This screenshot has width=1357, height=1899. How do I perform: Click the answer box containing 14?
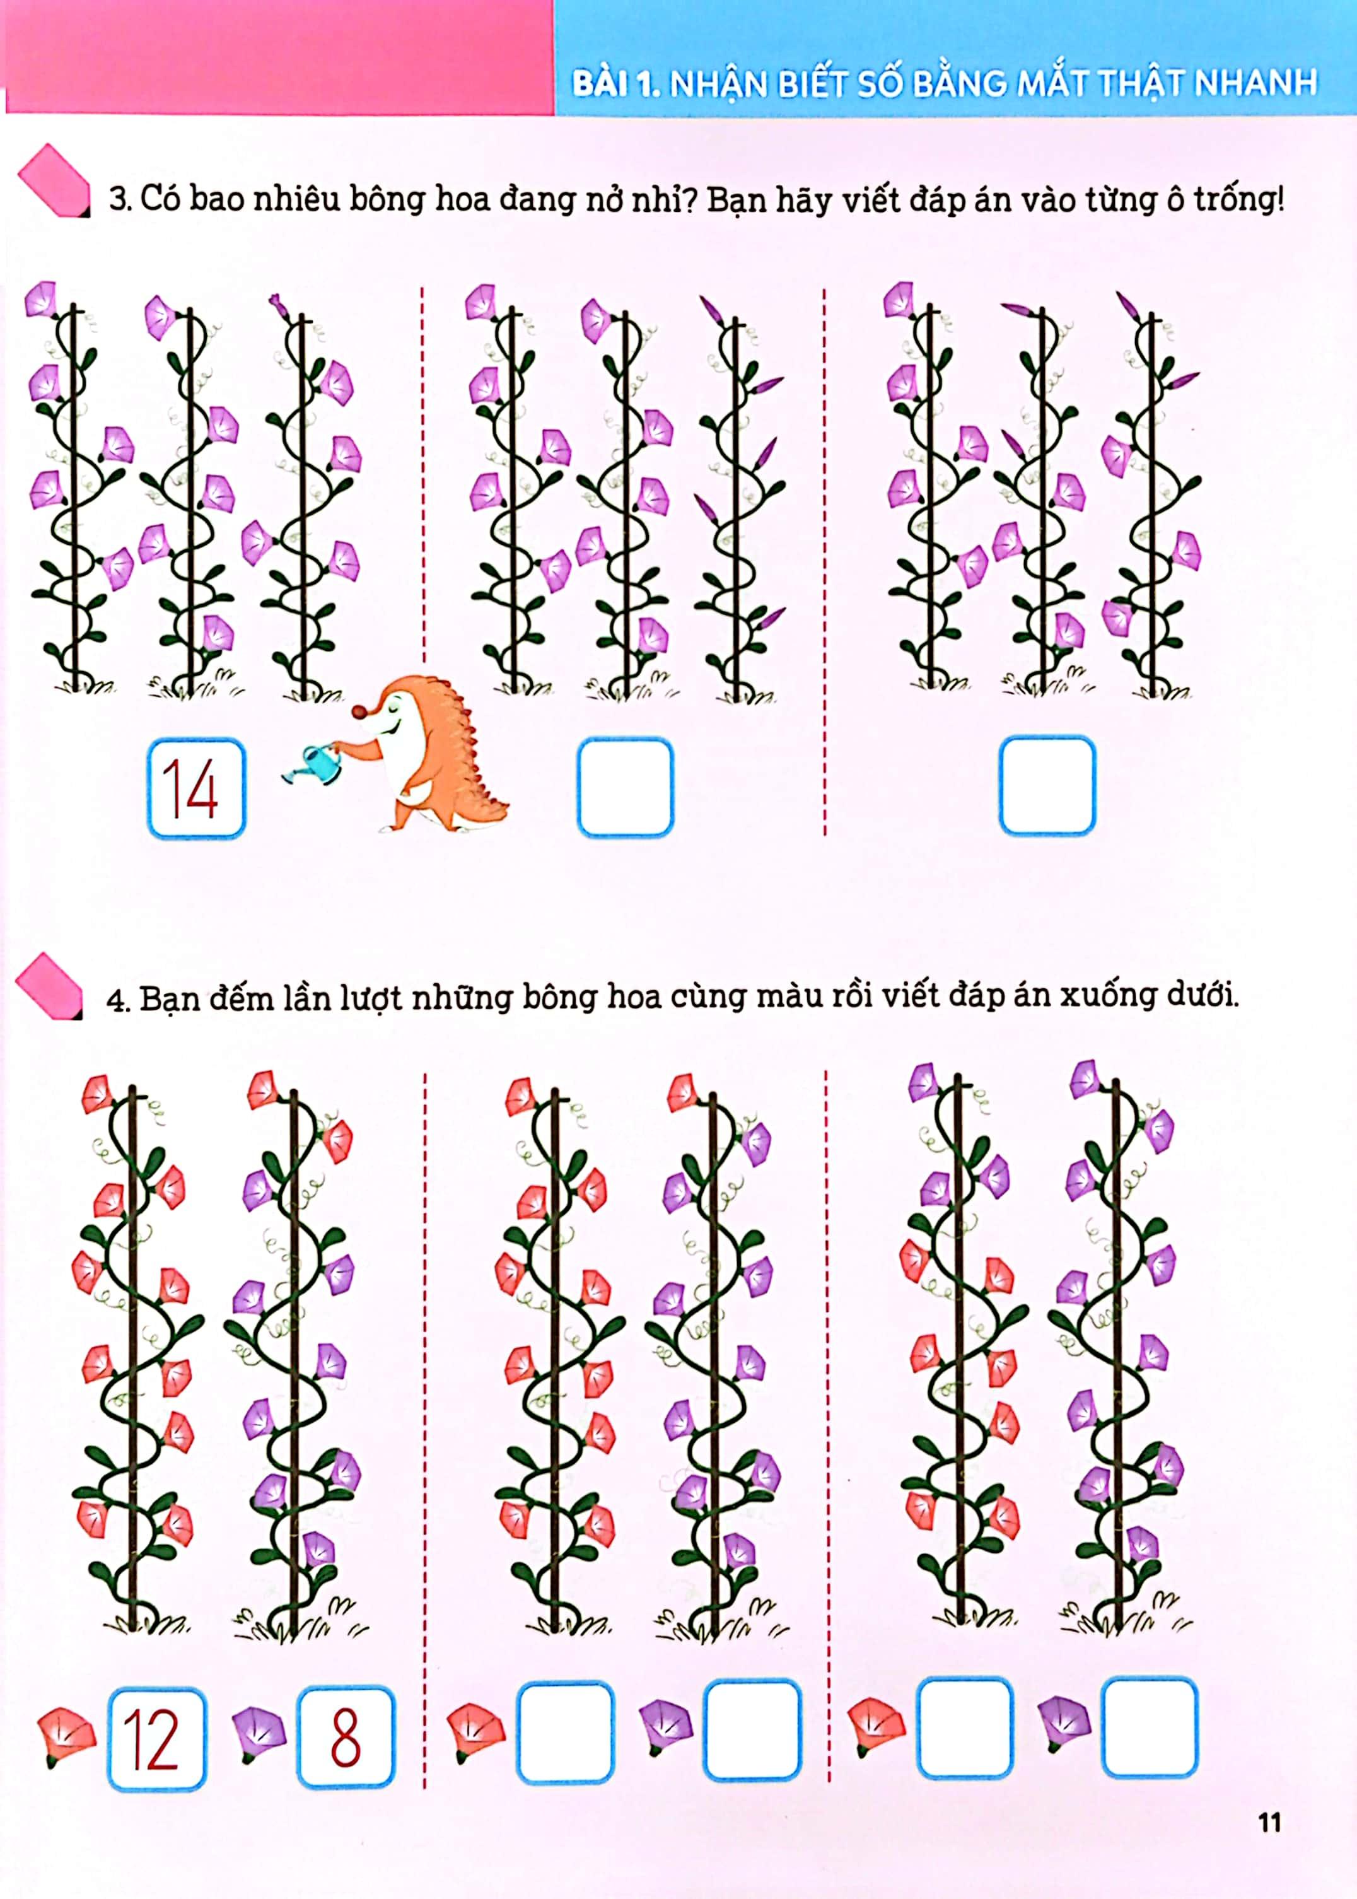click(x=196, y=788)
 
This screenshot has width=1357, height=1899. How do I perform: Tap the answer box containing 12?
click(x=156, y=1739)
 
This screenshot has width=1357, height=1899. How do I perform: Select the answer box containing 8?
click(x=345, y=1737)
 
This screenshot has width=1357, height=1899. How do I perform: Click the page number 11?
click(x=1269, y=1822)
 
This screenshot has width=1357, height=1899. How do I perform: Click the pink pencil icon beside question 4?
click(x=49, y=987)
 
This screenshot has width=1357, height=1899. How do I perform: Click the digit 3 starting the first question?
click(x=118, y=200)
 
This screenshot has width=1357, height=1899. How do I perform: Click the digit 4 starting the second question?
click(x=115, y=1000)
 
